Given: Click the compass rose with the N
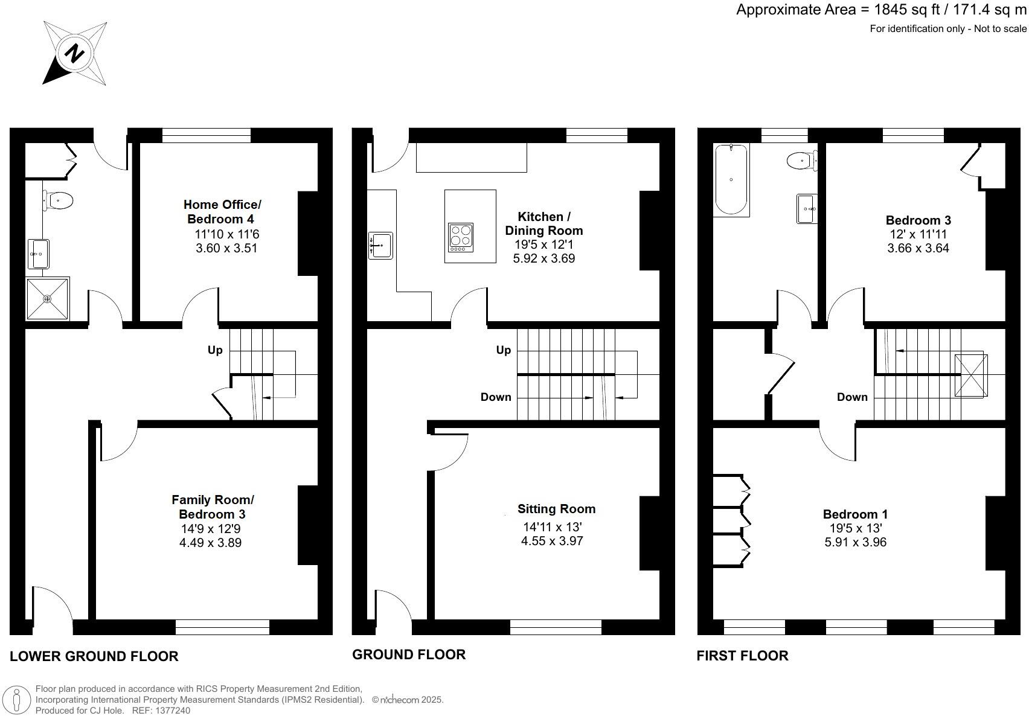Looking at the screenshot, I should point(75,54).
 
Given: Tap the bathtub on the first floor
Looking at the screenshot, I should point(731,180).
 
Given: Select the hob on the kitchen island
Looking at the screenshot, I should point(461,237).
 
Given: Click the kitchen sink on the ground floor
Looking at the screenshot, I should point(381,245).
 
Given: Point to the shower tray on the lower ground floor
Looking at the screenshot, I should point(48,299).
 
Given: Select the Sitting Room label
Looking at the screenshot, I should point(556,509).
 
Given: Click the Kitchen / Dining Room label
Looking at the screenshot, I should point(543,223).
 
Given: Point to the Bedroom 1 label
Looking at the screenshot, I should point(855,514).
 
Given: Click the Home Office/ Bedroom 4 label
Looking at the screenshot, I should point(222,212).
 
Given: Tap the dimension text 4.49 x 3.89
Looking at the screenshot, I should point(210,543).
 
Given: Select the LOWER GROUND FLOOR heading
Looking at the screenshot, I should point(94,656).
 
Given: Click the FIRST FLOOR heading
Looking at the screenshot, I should point(742,656).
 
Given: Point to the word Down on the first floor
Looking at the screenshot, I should point(852,397).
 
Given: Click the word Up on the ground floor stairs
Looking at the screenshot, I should point(503,350).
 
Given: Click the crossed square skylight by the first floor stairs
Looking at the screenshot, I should point(970,376).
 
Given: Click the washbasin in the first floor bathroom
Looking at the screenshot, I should point(807,209).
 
